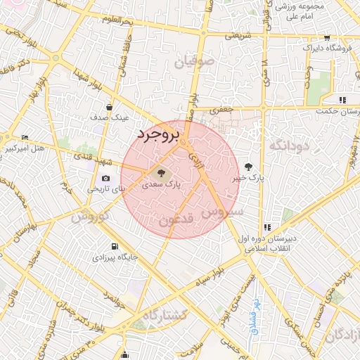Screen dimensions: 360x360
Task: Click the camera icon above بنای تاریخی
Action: click(x=106, y=179)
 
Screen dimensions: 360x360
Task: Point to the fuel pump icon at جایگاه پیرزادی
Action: click(x=115, y=247)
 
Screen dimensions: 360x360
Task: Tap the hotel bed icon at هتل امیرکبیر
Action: click(x=25, y=137)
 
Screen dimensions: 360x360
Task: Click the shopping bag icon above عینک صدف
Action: click(x=109, y=107)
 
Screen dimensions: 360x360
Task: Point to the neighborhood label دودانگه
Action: click(x=286, y=145)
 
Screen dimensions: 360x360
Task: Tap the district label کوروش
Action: click(x=89, y=216)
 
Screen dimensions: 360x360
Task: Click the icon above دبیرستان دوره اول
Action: click(x=266, y=227)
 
